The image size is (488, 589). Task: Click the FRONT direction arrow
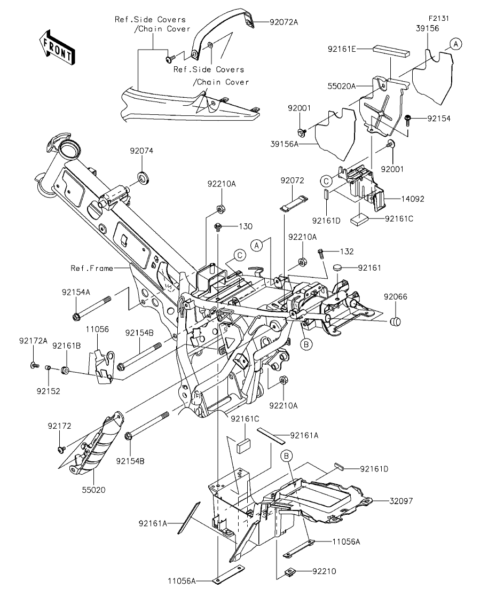click(57, 46)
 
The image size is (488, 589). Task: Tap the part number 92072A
click(284, 22)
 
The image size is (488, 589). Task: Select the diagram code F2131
click(439, 18)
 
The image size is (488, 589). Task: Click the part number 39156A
click(285, 144)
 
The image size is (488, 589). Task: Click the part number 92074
click(141, 151)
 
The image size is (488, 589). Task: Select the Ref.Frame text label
click(92, 268)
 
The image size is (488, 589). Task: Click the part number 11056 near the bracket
click(97, 329)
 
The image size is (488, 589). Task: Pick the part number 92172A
click(34, 340)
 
